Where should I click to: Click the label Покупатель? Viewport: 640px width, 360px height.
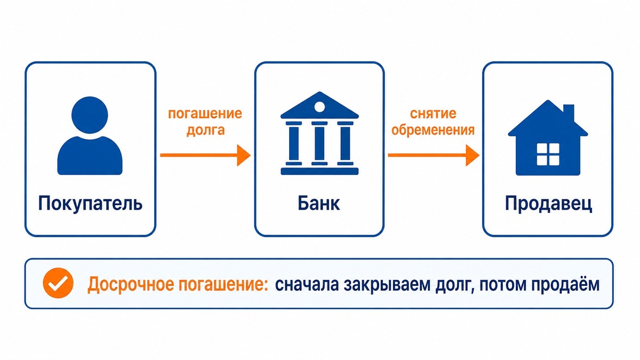point(90,204)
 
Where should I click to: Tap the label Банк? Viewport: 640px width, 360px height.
point(319,203)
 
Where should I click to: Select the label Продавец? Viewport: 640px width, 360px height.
point(548,204)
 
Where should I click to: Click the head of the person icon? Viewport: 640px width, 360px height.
point(90,115)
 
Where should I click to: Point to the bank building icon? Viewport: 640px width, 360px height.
point(319,133)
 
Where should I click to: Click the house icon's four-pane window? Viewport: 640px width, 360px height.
point(548,154)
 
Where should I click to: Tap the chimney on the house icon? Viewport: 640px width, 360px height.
point(569,113)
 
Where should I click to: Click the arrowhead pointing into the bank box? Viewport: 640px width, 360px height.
point(244,155)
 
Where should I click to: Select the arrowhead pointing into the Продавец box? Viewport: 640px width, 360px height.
point(473,155)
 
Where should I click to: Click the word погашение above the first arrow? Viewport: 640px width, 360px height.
point(205,114)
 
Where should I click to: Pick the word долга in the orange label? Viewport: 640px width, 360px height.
point(206,130)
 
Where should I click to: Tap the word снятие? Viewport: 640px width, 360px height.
point(433,114)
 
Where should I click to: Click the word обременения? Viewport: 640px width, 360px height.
point(433,130)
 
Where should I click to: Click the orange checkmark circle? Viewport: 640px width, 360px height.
point(58,283)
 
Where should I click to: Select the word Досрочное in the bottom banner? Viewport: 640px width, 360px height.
point(131,284)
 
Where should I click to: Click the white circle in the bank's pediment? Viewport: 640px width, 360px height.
point(319,107)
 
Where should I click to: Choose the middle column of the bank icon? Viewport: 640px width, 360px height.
point(319,143)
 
